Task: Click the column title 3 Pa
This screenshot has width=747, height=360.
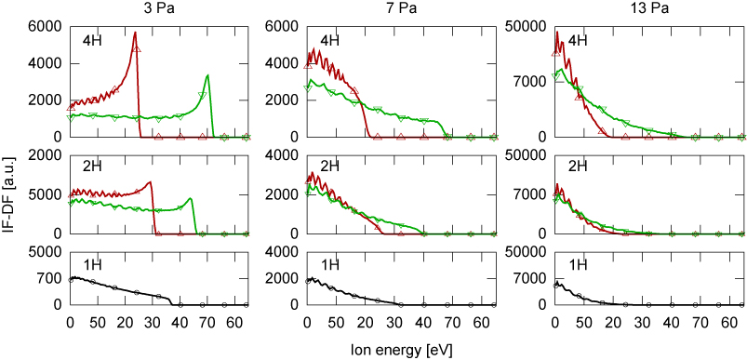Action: [158, 10]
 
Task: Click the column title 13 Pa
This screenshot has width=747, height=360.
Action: [632, 10]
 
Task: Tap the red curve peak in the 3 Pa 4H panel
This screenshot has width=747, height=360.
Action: [135, 33]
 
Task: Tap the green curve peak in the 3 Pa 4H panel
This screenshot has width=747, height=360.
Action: [207, 75]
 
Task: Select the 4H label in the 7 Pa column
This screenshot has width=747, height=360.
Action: [330, 40]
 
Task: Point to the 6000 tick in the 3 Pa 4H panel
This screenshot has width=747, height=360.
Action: [47, 27]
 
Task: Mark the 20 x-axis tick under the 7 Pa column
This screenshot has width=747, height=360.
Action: [366, 322]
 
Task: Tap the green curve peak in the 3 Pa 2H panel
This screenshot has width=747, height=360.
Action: [190, 198]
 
